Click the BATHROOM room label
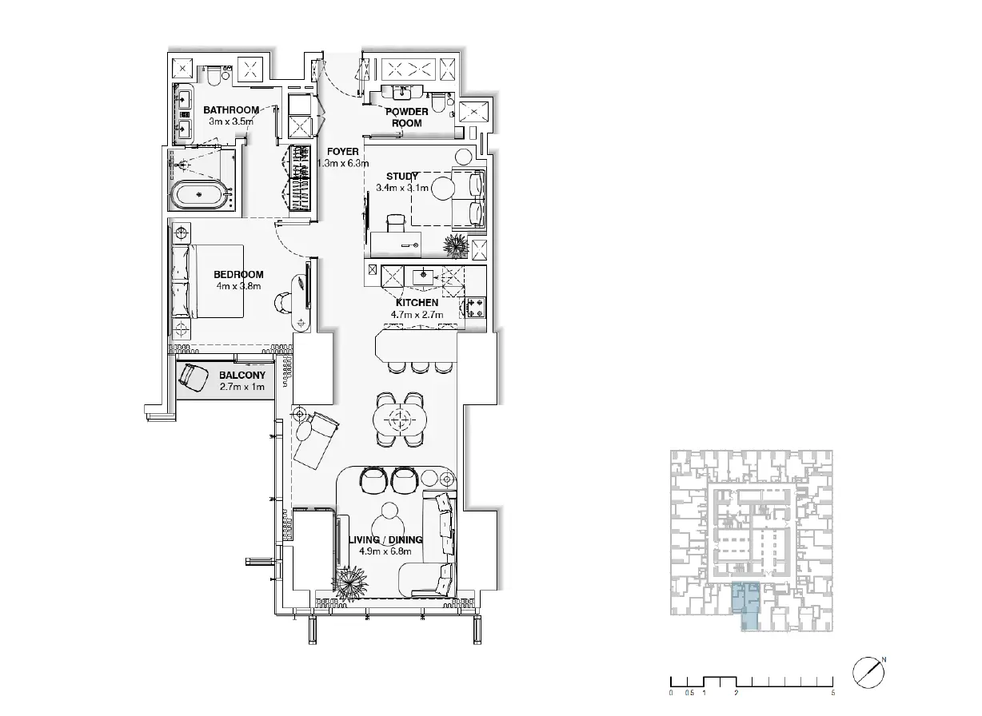click(231, 109)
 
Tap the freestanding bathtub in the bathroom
click(200, 194)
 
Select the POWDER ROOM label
click(407, 117)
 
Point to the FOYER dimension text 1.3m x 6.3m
click(343, 164)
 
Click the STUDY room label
click(402, 177)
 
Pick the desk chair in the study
click(397, 223)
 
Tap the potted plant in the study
click(456, 246)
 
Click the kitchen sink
click(423, 277)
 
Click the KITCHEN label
click(417, 303)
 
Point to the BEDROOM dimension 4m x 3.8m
click(238, 286)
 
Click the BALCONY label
click(242, 376)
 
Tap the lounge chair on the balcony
click(194, 377)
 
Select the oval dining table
click(399, 420)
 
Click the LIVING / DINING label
click(385, 540)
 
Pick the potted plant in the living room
click(350, 583)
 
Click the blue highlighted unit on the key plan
click(747, 605)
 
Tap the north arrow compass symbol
click(868, 673)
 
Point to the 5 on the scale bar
click(833, 693)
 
